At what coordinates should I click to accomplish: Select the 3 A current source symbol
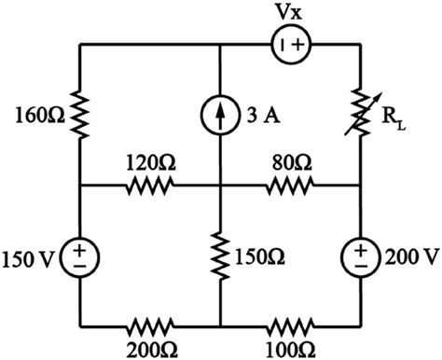point(220,117)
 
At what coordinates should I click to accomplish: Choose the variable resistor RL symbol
point(362,112)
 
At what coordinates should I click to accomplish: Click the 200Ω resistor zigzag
point(149,327)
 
